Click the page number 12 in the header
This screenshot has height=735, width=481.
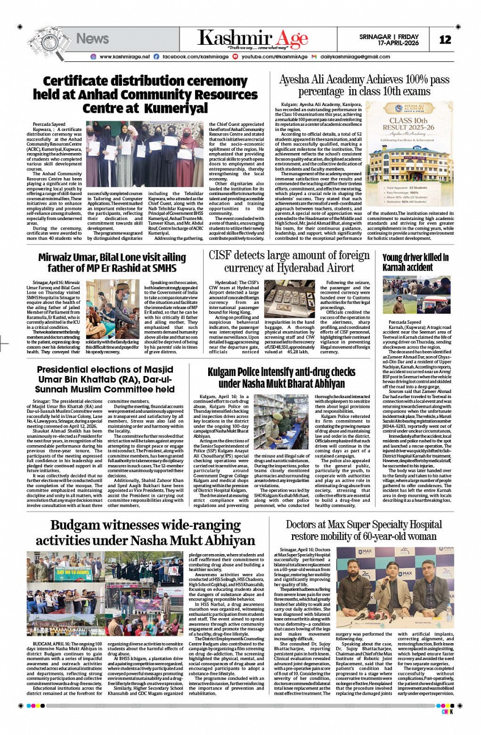(445, 40)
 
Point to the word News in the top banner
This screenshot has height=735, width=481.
(92, 39)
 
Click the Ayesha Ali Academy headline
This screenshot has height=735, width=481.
(356, 85)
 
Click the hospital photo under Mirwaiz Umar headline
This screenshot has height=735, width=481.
(112, 309)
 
